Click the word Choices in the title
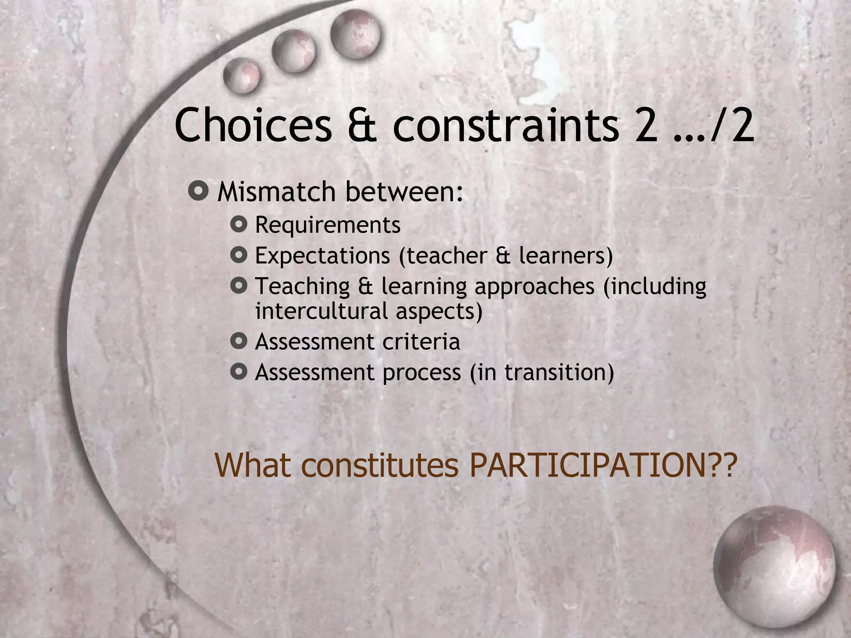click(x=253, y=125)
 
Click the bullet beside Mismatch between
click(x=198, y=191)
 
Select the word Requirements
click(x=328, y=225)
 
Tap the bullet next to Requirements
click(x=239, y=225)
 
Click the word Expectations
click(x=322, y=255)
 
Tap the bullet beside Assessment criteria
click(x=239, y=341)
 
